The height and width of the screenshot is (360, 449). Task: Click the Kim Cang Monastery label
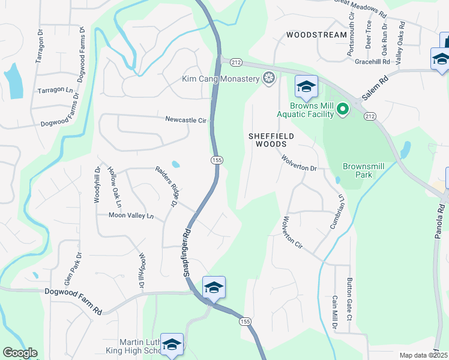[x=221, y=79]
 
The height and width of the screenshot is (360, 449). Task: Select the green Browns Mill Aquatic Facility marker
[x=342, y=109]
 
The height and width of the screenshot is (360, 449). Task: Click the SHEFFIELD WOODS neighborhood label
[x=271, y=140]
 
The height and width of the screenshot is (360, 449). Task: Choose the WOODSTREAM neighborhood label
[x=316, y=35]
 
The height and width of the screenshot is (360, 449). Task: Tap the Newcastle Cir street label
[x=186, y=120]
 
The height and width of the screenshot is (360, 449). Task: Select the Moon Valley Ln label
[x=131, y=215]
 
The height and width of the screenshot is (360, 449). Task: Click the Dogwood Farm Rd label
[x=73, y=301]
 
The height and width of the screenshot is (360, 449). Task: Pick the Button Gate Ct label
[x=349, y=294]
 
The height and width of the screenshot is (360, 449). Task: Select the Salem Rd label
[x=376, y=88]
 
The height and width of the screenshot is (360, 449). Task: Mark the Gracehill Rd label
[x=372, y=61]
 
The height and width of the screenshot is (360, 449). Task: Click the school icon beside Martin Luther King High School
[x=172, y=344]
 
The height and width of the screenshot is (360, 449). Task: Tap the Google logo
[x=20, y=353]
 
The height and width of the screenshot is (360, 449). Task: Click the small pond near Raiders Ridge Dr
[x=175, y=164]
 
